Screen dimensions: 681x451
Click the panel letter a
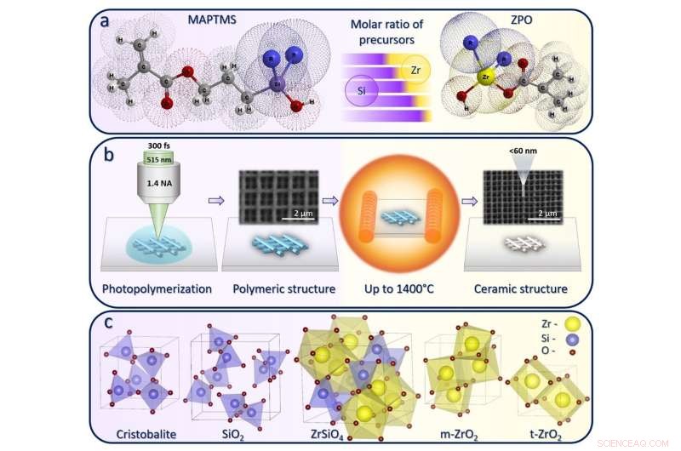tap(104, 22)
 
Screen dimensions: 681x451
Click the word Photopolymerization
tap(157, 289)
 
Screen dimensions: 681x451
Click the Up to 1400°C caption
tap(400, 289)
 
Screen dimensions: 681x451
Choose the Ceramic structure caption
tap(522, 289)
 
